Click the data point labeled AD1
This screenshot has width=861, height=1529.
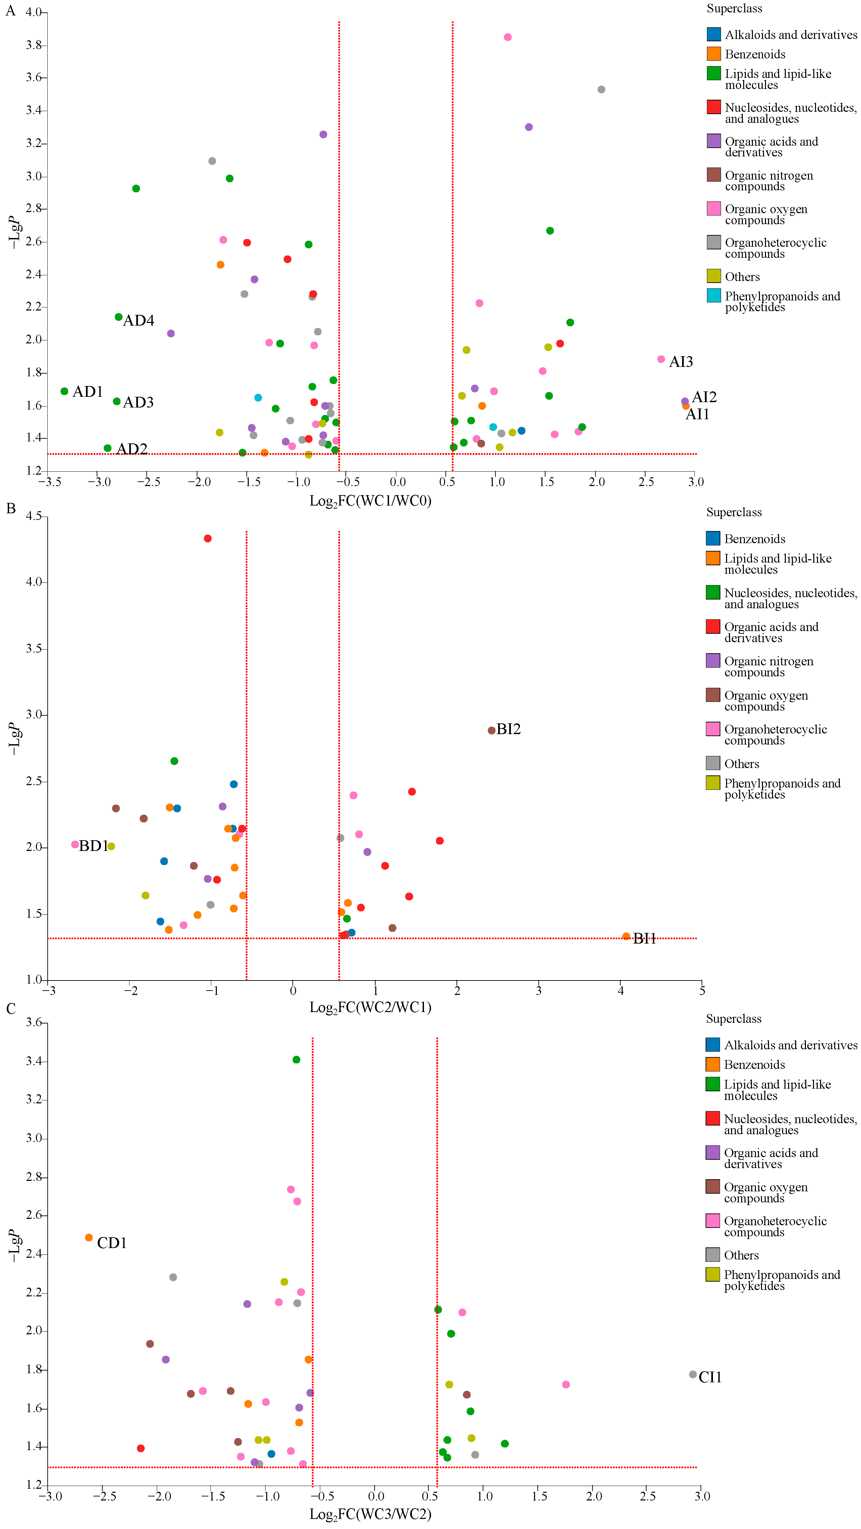tap(64, 391)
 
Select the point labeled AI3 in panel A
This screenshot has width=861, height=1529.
tap(661, 359)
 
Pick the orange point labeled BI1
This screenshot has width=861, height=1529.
tap(626, 936)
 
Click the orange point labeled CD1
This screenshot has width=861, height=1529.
tap(89, 1238)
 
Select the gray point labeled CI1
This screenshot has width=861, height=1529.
tap(692, 1374)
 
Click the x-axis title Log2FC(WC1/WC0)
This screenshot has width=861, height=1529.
tap(370, 501)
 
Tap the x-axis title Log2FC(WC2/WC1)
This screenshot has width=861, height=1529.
tap(370, 1007)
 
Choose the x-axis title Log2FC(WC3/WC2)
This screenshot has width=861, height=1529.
tap(370, 1514)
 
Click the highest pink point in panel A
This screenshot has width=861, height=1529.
tap(507, 37)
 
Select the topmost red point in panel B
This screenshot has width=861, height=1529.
tap(208, 538)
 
